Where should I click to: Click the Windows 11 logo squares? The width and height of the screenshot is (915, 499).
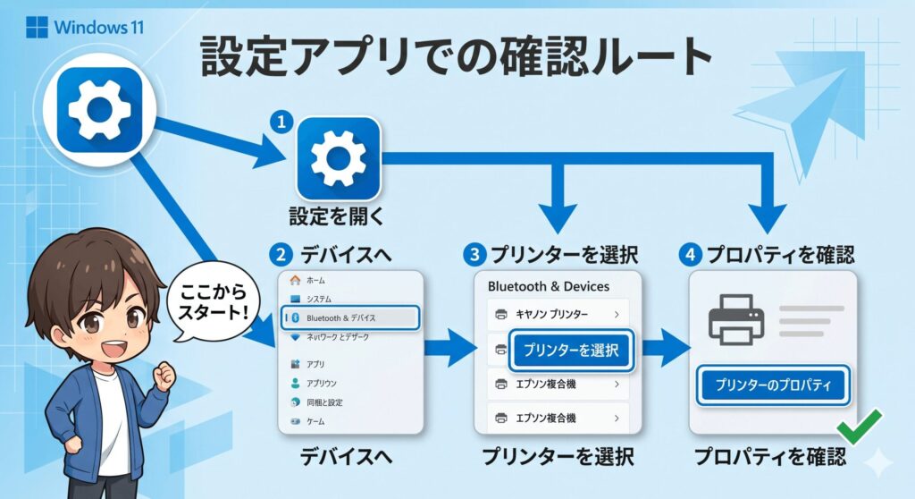(37, 26)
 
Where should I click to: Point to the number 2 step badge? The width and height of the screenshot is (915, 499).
(281, 254)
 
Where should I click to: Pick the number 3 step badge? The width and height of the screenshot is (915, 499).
(473, 254)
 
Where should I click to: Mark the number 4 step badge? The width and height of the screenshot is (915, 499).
(689, 254)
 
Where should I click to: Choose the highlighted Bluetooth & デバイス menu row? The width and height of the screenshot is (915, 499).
(350, 317)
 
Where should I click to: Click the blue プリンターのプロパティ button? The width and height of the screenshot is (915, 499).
(772, 385)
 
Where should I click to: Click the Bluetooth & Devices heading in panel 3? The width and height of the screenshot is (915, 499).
(549, 286)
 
